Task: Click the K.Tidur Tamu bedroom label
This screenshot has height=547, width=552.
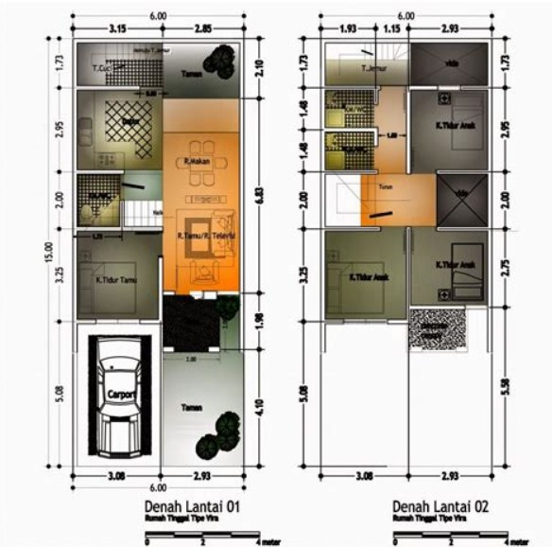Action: pos(113,280)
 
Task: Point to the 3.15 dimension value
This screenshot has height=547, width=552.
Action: pos(117,29)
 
